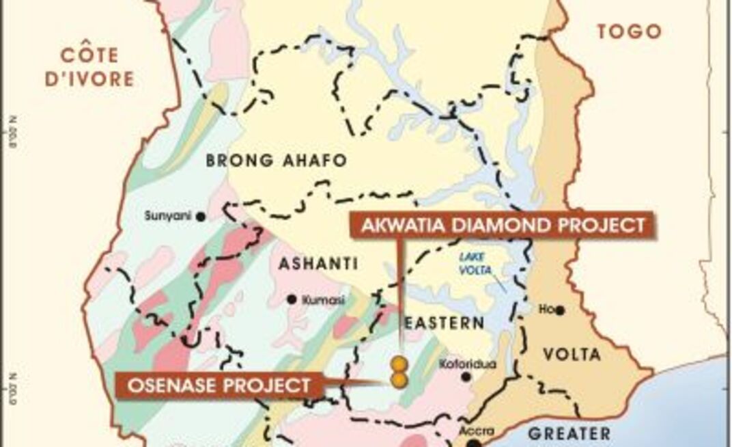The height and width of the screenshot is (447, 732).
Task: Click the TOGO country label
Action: (629, 31)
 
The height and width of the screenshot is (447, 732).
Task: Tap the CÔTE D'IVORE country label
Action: (89, 67)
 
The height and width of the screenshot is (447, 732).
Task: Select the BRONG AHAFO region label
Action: (277, 161)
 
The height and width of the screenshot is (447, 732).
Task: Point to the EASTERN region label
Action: (444, 323)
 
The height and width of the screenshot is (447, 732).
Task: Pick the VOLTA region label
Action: (572, 355)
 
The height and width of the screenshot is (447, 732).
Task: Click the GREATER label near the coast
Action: (569, 433)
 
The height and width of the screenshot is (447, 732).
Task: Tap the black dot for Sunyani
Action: (201, 217)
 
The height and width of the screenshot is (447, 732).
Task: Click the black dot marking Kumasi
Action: (292, 299)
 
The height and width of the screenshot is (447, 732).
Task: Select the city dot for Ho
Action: (560, 310)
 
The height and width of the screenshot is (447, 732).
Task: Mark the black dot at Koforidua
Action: (466, 377)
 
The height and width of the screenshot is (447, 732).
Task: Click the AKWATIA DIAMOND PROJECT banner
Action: (503, 225)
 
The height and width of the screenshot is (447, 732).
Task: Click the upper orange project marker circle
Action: (398, 363)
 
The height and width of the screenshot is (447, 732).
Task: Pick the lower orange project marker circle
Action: (398, 379)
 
